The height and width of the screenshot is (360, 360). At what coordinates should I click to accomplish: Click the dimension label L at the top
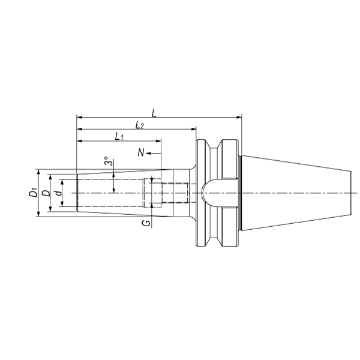coord(154,113)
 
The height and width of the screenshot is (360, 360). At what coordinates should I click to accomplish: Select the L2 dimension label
coord(139,125)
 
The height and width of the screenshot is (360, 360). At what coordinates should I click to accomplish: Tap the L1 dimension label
coord(119,137)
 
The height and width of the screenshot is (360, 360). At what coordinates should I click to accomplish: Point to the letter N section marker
coord(141,152)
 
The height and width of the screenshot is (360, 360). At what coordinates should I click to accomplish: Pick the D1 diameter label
coord(33,192)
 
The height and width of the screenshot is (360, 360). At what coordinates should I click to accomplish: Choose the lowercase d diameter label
coord(59,193)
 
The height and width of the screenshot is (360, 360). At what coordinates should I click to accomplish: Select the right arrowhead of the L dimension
coord(239,118)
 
